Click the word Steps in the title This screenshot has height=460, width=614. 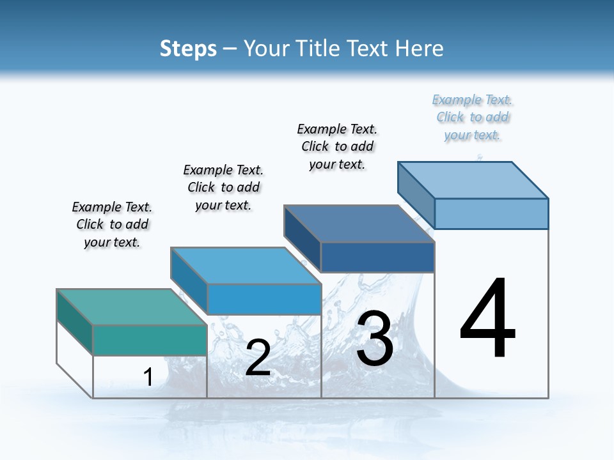188,49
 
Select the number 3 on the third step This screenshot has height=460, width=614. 375,339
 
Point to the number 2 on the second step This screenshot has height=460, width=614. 258,358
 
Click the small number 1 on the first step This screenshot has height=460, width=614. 148,377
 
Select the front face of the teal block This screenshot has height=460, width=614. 150,340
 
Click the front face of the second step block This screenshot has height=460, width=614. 264,299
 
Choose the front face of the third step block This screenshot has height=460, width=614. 377,257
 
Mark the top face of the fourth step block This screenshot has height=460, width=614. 473,180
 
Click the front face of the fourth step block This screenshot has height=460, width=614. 491,213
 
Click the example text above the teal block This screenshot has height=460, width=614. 112,224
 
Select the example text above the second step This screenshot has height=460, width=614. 223,187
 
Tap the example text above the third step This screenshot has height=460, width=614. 337,146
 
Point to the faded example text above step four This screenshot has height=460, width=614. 473,117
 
